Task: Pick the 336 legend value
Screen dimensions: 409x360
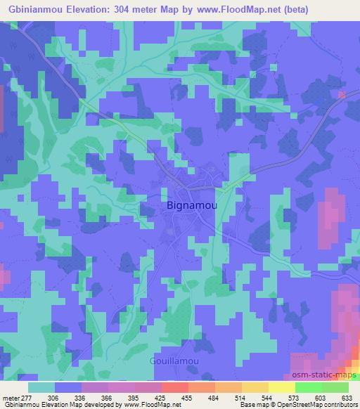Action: (89, 397)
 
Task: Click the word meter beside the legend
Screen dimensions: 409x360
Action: (11, 397)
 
